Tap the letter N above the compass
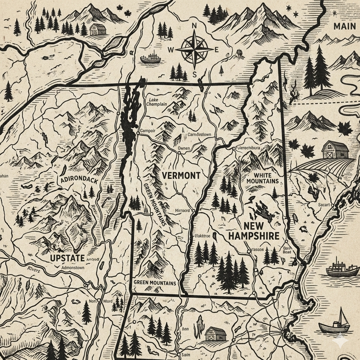pos(193,26)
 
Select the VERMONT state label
pos(181,175)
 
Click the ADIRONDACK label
pos(79,180)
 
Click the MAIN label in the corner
pos(345,26)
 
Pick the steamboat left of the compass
pos(150,58)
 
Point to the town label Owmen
pos(184,148)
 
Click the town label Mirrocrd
pos(182,211)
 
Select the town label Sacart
pos(324,205)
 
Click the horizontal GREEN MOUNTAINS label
pos(155,283)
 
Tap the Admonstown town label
pos(73,268)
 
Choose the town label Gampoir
pos(148,131)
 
